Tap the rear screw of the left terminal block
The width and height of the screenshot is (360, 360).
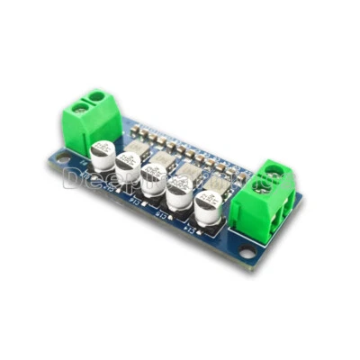95,94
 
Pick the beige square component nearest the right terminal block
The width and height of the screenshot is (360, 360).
216,177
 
